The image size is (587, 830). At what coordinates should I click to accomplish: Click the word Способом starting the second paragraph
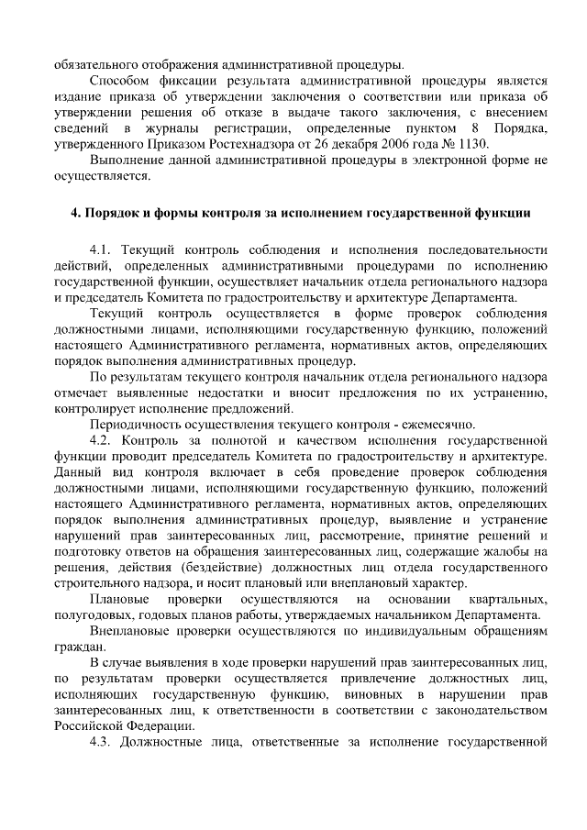pos(119,81)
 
